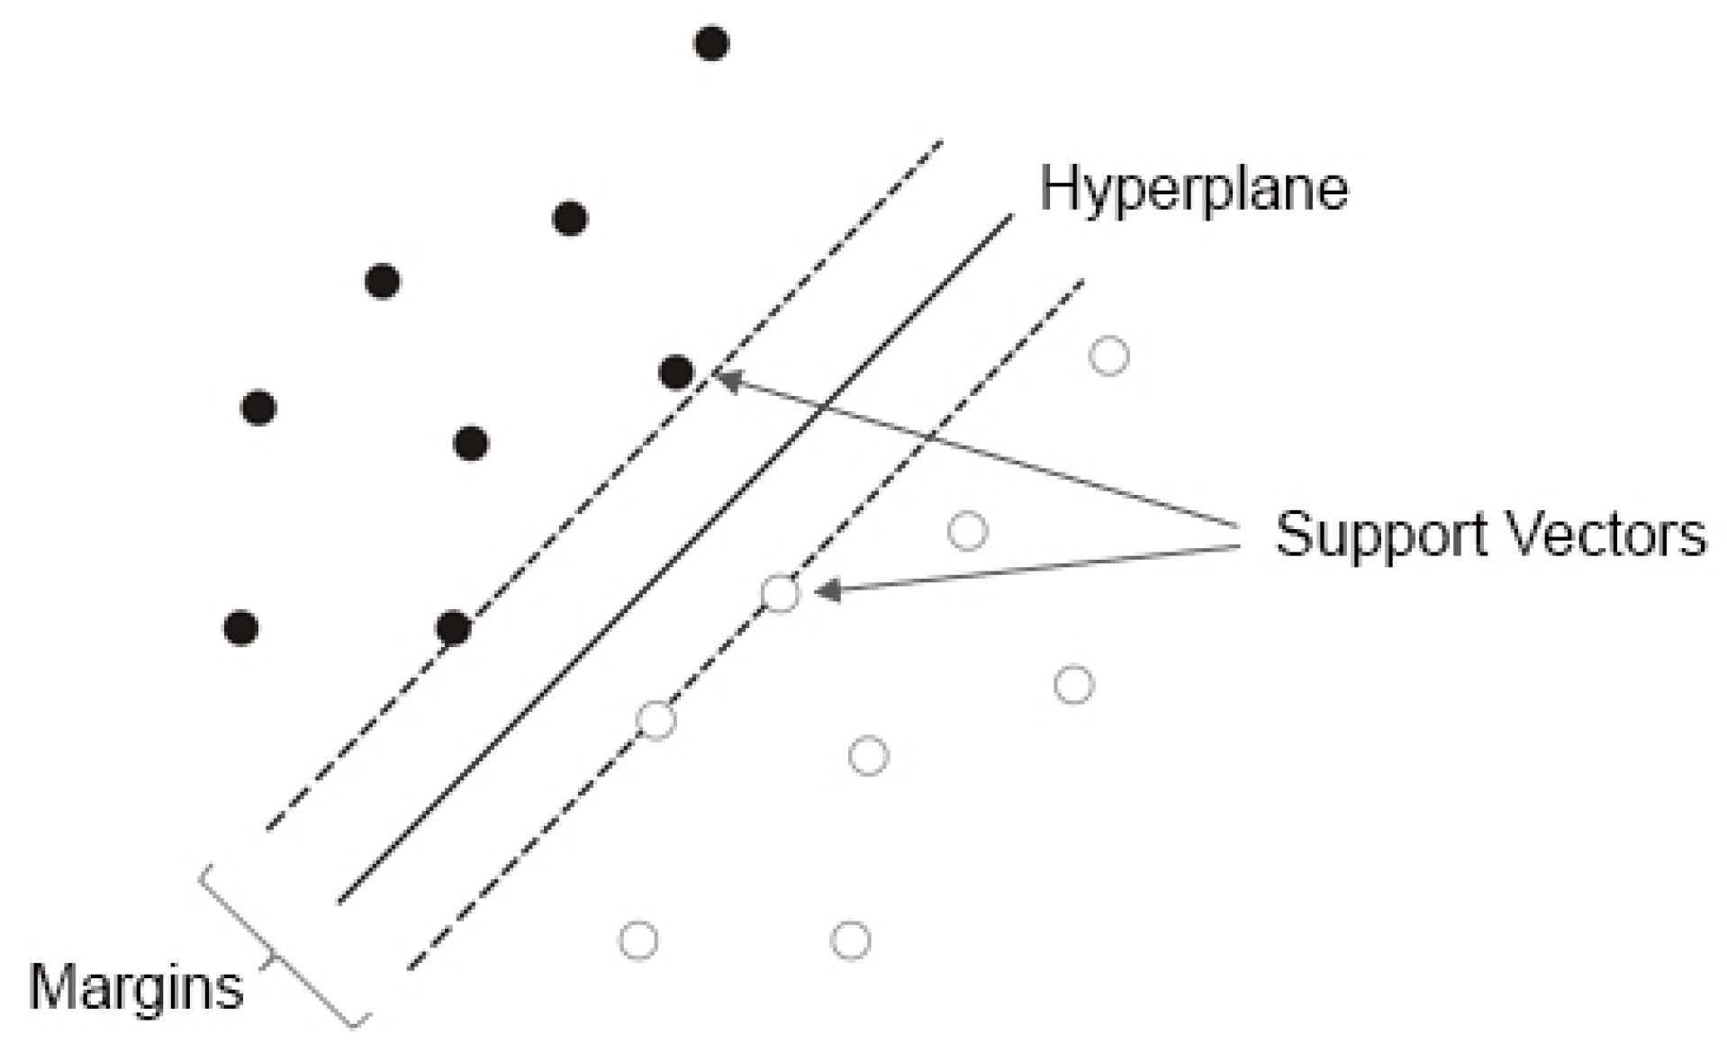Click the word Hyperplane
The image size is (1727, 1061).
[x=1194, y=189]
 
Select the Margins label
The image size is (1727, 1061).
[x=136, y=987]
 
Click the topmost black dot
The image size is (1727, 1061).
[x=711, y=43]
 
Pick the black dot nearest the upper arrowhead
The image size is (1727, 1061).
[x=676, y=372]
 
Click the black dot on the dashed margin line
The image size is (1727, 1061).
[x=453, y=627]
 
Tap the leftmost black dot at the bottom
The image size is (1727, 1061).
[x=240, y=627]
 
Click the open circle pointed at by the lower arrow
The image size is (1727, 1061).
[x=780, y=593]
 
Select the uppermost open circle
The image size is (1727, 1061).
[x=1108, y=355]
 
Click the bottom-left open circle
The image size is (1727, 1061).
[x=638, y=940]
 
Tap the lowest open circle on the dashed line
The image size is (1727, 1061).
[x=656, y=720]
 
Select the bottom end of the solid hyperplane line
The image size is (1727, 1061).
[x=340, y=900]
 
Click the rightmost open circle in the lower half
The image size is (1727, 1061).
[x=1073, y=685]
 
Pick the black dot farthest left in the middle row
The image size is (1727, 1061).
[x=258, y=408]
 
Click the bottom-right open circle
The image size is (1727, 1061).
[x=850, y=940]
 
